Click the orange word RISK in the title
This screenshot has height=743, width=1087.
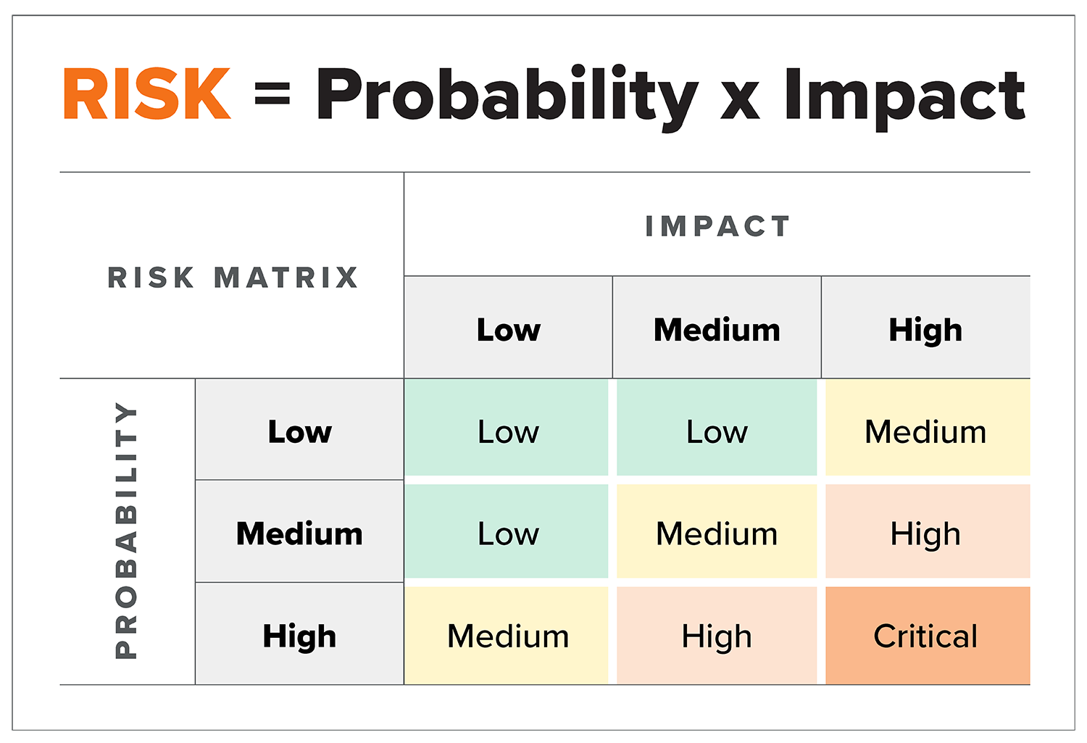147,94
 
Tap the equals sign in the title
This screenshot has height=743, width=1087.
272,94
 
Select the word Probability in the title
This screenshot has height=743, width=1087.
507,98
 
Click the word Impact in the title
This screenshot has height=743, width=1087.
905,99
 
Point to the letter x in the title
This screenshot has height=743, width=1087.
740,100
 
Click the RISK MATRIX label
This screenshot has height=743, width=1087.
233,278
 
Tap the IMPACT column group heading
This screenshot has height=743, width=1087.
717,226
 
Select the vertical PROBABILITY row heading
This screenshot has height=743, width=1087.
126,530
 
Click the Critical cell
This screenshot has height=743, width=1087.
928,636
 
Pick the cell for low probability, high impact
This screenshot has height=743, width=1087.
928,428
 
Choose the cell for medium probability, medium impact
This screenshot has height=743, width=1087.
717,531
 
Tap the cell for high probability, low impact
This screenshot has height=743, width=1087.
506,636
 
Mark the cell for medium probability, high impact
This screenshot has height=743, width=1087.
928,531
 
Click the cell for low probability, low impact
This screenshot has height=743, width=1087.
506,428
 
